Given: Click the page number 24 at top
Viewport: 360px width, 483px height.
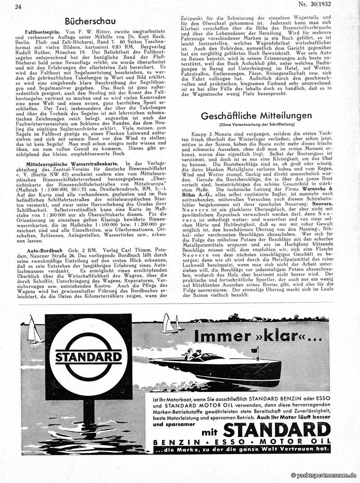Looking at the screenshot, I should (x=18, y=6).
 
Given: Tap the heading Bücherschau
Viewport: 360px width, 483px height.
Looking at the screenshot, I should (x=90, y=21).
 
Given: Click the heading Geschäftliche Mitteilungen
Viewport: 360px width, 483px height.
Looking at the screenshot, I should (x=256, y=115).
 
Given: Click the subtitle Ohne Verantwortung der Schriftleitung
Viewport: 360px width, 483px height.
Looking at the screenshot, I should (x=256, y=124).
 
